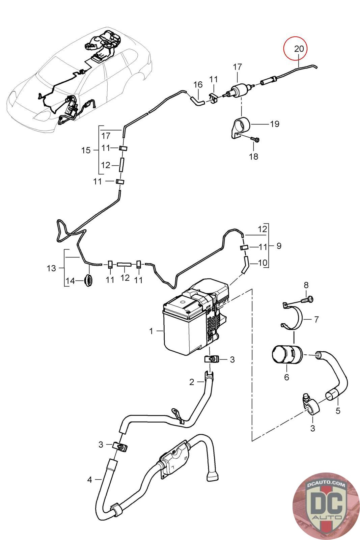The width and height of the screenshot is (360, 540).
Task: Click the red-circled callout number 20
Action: (299, 49)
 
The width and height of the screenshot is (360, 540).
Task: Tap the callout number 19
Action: (274, 124)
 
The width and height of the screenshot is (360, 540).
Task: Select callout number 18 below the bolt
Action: (253, 157)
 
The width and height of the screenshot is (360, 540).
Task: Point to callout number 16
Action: (198, 85)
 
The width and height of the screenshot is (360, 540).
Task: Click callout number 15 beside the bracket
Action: (86, 151)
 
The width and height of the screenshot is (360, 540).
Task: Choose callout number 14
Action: (71, 281)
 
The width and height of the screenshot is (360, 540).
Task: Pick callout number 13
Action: (51, 268)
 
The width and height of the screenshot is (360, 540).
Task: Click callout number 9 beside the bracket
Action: (279, 246)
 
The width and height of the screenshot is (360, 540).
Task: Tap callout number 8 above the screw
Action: (306, 285)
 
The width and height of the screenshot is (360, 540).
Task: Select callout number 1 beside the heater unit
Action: (151, 331)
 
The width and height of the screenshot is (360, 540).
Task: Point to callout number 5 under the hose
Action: (338, 410)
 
